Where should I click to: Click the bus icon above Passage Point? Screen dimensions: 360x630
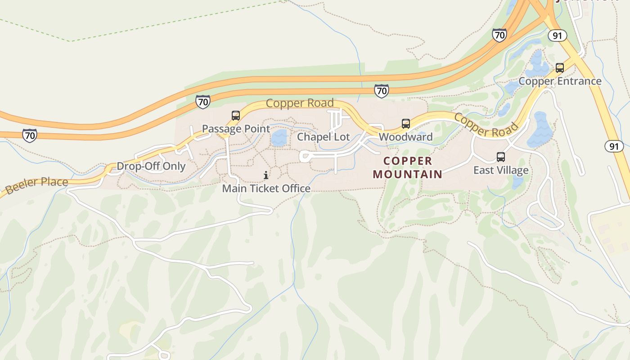pos(236,116)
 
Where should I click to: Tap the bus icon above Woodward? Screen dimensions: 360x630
pos(406,124)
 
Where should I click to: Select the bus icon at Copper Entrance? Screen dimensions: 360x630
pos(560,68)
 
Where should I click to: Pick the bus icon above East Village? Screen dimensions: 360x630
pos(501,157)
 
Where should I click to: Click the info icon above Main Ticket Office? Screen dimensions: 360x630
pos(266,175)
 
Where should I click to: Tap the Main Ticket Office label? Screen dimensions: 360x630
pos(266,188)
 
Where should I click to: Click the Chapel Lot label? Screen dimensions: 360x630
pos(323,137)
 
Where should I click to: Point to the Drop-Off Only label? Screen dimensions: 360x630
pos(151,166)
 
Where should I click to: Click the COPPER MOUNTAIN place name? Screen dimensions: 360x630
pos(408,167)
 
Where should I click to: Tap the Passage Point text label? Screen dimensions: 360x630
pos(236,129)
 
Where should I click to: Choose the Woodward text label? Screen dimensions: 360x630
pos(405,137)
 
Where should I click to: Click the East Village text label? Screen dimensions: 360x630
pos(501,170)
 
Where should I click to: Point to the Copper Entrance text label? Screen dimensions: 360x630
pos(560,81)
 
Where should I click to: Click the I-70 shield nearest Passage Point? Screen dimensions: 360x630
pos(203,102)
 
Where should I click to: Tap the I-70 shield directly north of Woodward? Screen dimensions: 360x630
pos(381,91)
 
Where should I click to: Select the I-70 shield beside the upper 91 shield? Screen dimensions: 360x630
pos(499,35)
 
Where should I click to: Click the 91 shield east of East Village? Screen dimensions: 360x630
pos(614,146)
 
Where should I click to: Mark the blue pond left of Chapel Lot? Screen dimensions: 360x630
pos(279,138)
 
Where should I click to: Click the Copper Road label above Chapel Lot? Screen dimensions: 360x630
pos(300,103)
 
